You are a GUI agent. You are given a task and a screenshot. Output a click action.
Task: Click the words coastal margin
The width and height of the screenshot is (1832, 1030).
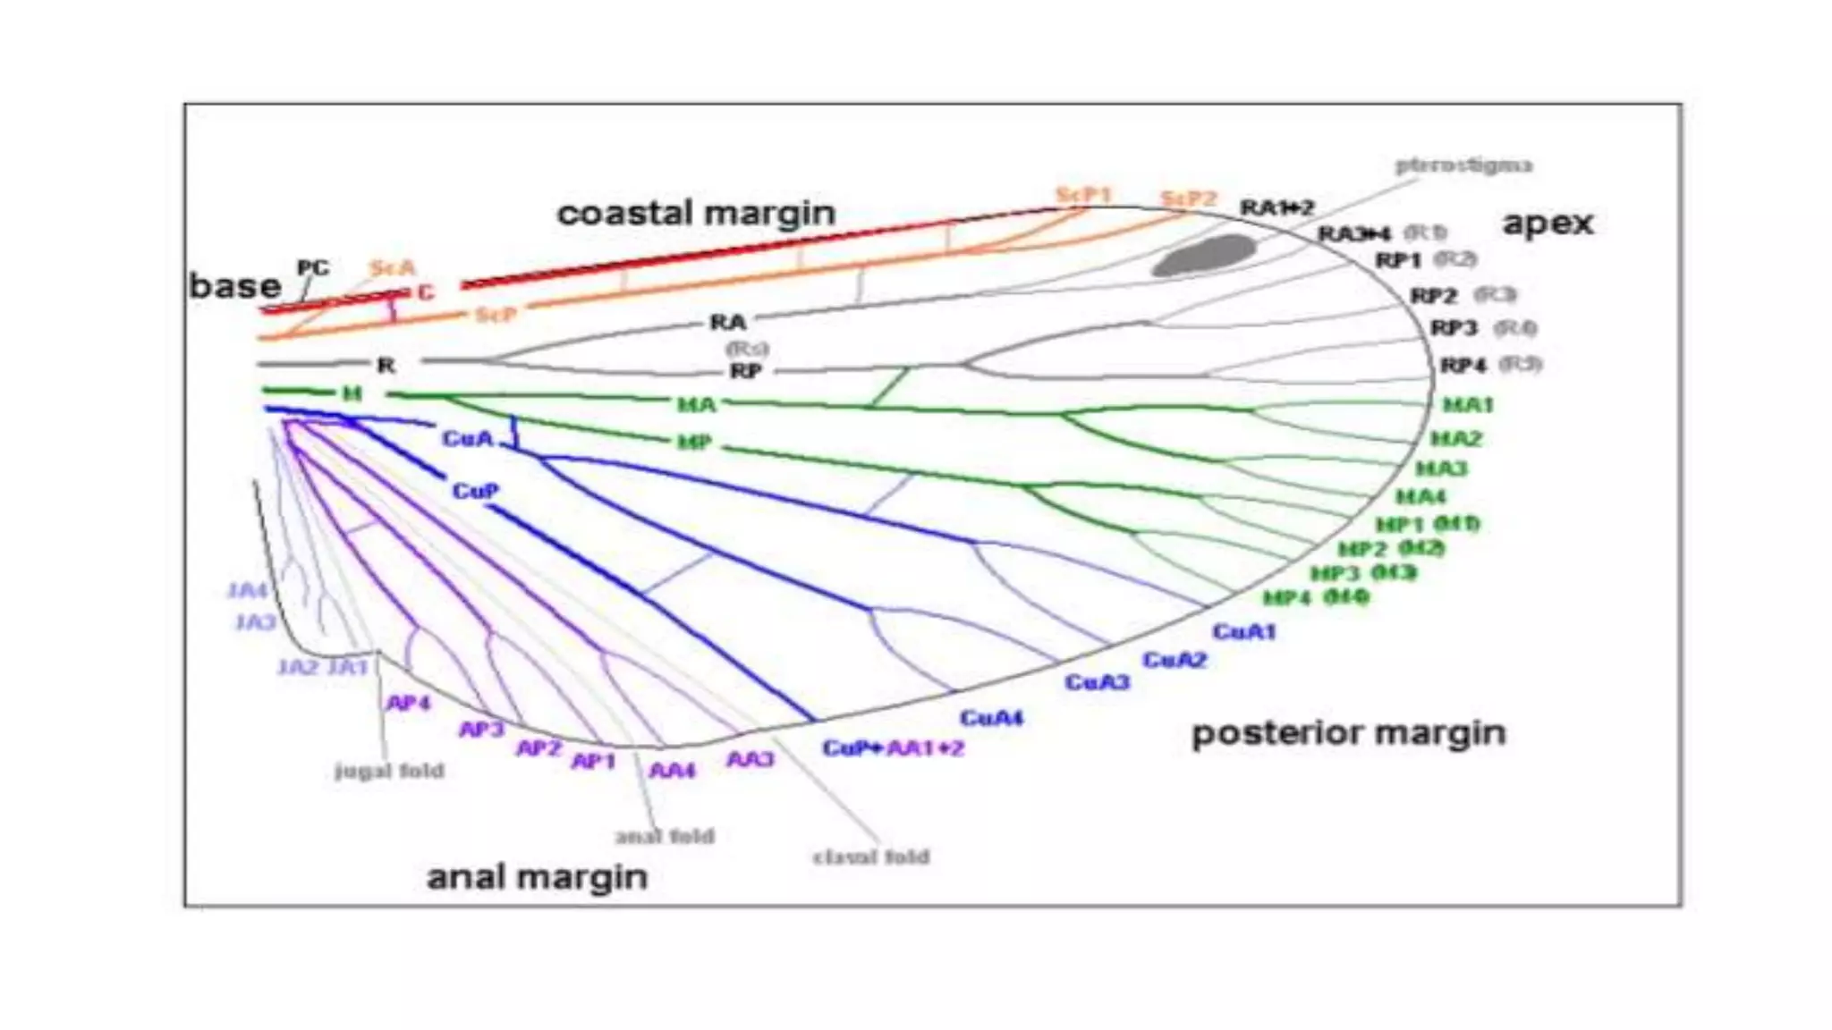click(x=696, y=213)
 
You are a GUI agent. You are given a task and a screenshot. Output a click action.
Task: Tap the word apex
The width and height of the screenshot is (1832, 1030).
click(x=1548, y=223)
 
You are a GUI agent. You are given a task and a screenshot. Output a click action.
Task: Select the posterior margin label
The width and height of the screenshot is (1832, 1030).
click(x=1348, y=733)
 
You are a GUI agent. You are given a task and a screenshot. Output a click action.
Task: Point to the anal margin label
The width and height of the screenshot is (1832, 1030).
click(x=537, y=877)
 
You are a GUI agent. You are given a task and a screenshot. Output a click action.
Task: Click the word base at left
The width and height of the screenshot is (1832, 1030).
click(x=234, y=286)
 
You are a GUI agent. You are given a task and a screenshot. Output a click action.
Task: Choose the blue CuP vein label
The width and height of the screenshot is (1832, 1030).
click(x=475, y=491)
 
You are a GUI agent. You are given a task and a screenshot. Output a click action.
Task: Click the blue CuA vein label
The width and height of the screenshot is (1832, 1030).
click(x=468, y=438)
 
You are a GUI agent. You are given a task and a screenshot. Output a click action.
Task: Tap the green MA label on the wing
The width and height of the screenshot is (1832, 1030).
click(x=696, y=405)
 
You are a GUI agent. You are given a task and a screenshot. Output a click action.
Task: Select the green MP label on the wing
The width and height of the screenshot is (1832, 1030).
click(x=694, y=442)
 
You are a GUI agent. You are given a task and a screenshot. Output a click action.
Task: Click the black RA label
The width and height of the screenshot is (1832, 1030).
click(x=728, y=322)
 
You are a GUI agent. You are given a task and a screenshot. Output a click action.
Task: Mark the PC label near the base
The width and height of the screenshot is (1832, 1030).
click(x=313, y=267)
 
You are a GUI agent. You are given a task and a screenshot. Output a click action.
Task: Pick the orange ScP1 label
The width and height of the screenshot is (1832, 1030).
click(x=1083, y=194)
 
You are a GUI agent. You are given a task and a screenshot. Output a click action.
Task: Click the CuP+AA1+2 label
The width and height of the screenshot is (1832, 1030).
click(x=893, y=747)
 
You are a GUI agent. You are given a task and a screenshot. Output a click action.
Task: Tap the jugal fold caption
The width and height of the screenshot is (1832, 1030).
click(x=389, y=771)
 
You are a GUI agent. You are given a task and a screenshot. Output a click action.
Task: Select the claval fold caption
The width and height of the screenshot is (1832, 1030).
click(x=870, y=857)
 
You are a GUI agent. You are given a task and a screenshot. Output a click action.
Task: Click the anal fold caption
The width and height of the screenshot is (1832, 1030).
click(x=665, y=836)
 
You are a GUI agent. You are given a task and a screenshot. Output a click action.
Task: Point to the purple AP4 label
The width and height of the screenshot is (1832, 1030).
click(x=408, y=703)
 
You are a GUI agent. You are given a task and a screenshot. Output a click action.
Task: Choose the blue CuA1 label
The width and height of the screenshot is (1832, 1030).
click(x=1243, y=631)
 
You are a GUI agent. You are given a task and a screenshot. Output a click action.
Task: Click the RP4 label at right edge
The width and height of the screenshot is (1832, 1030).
click(x=1463, y=365)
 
